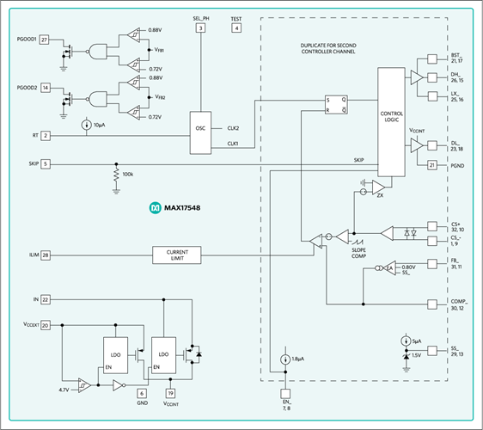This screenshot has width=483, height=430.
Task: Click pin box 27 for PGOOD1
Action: click(45, 40)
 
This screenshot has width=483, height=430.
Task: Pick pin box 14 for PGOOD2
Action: click(45, 88)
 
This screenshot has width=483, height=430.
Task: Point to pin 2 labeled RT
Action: click(45, 135)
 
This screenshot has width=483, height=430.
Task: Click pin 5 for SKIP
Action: click(45, 163)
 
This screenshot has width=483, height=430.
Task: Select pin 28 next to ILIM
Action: click(45, 255)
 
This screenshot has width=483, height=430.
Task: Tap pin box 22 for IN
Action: click(45, 298)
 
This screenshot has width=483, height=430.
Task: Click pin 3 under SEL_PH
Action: click(200, 28)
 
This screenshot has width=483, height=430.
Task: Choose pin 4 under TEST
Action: click(236, 28)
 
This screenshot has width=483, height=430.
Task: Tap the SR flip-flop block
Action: click(336, 105)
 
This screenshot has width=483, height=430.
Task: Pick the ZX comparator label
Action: click(379, 196)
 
